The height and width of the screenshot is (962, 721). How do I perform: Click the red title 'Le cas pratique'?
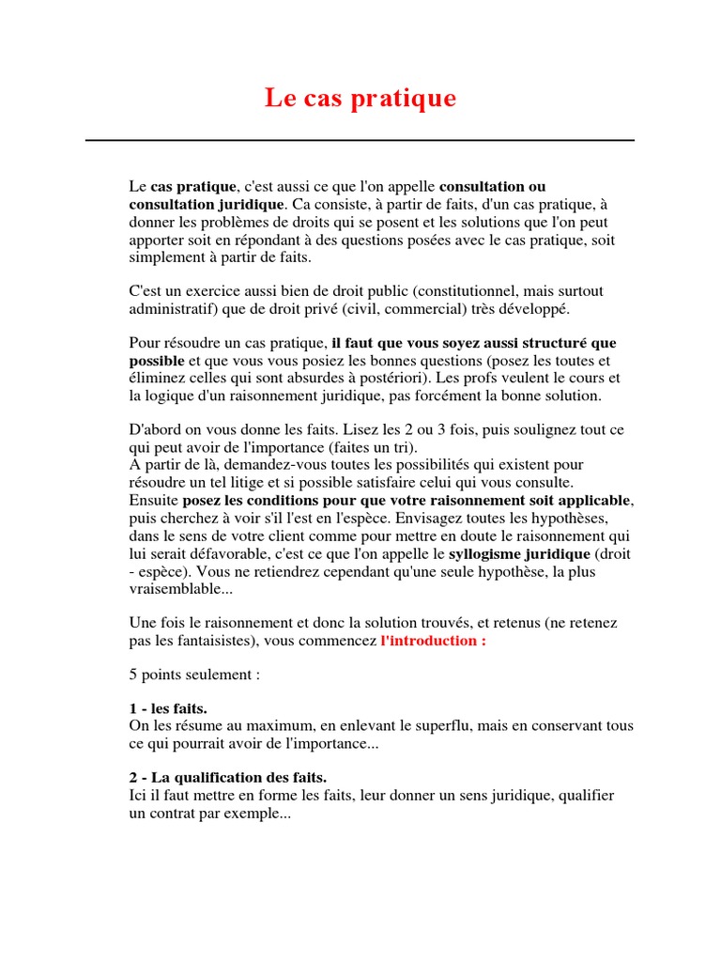click(x=360, y=98)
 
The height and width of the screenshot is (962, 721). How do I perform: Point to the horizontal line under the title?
click(x=360, y=140)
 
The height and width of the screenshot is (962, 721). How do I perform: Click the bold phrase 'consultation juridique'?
click(x=206, y=204)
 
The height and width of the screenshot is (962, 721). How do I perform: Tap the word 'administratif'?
click(x=169, y=308)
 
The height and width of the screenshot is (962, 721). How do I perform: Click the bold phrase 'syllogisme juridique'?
click(x=519, y=553)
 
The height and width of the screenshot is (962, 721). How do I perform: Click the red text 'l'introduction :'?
click(x=433, y=640)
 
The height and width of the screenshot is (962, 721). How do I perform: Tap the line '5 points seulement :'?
click(x=193, y=674)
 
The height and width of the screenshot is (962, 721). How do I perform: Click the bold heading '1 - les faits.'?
click(x=168, y=708)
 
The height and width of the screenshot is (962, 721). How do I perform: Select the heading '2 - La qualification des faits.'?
click(x=227, y=778)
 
